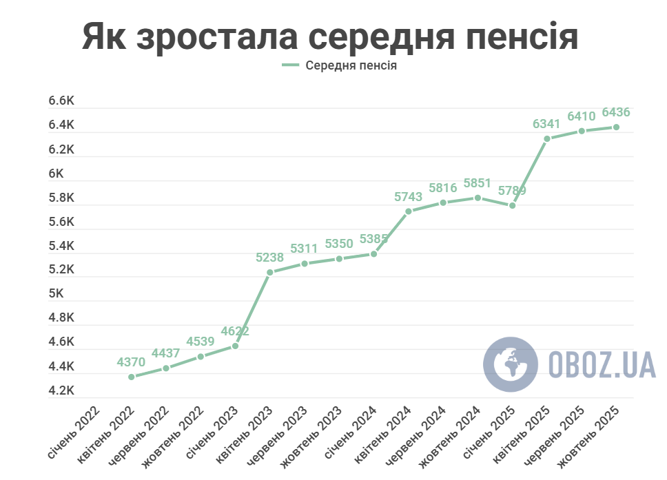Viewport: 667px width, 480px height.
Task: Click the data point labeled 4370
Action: (132, 377)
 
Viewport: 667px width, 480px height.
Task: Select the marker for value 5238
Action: (270, 272)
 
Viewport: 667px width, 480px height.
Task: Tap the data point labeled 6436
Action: (616, 127)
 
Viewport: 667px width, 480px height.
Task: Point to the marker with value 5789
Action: (513, 205)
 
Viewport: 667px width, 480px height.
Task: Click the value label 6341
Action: (546, 125)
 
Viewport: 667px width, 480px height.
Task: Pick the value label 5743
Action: (408, 197)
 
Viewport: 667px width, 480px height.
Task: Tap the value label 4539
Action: (201, 342)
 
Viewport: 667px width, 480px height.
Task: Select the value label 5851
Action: (478, 183)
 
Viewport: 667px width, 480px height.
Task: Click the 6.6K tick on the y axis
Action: (61, 101)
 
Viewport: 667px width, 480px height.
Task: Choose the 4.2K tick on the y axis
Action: (61, 390)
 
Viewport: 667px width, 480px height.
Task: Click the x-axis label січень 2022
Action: (74, 434)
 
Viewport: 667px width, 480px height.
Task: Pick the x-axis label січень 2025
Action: (490, 434)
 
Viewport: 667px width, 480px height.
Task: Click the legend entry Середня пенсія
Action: (341, 66)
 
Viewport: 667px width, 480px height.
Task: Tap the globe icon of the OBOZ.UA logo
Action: (510, 364)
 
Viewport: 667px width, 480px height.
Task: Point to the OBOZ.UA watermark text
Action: (602, 364)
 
